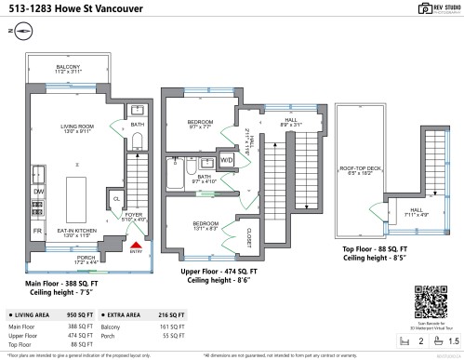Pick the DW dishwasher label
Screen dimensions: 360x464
[37, 192]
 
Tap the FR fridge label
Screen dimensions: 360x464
[37, 229]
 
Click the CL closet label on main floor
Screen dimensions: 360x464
[117, 198]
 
